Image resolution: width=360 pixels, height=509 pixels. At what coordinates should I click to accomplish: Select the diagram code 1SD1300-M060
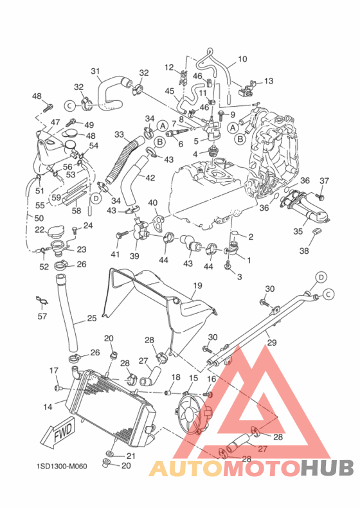(62, 466)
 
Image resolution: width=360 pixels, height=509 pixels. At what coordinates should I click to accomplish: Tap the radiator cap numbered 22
(56, 232)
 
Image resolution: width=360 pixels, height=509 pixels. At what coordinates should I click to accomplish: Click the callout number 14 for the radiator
(48, 406)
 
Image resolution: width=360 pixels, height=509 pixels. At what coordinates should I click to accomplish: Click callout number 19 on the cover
(197, 285)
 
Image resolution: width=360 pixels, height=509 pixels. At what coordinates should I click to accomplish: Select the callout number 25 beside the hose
(92, 318)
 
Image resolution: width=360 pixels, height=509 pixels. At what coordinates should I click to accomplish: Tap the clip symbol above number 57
(42, 301)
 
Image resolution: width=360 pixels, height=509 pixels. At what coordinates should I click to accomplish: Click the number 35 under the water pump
(298, 231)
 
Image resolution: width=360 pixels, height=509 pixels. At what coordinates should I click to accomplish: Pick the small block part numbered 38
(317, 231)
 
